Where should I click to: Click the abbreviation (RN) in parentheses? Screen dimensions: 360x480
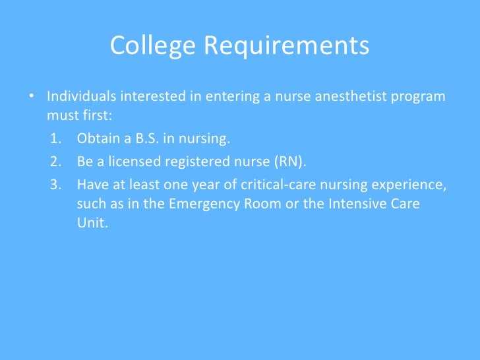point(290,162)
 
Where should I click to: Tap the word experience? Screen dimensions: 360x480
point(412,185)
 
